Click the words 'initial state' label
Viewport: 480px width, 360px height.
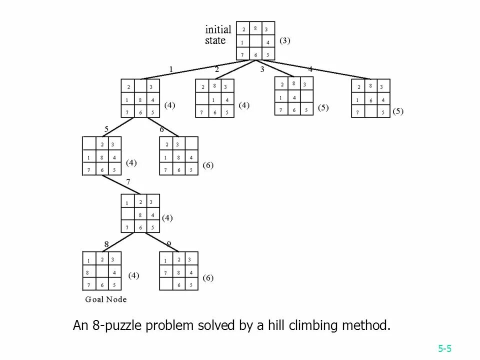tap(218, 35)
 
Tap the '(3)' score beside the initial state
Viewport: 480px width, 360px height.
tap(284, 40)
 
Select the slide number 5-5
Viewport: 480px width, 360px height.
tap(445, 348)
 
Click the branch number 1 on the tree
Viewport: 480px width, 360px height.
tap(170, 69)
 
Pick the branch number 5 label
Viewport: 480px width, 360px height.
tap(106, 129)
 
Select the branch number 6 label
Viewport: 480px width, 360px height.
tap(161, 129)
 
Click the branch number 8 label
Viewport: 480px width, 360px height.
tap(106, 244)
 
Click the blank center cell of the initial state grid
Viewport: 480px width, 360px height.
tap(255, 42)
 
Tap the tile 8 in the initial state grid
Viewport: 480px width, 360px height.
tap(255, 29)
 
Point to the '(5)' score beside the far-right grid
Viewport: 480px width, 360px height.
tap(397, 111)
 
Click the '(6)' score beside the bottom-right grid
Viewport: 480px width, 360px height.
tap(207, 277)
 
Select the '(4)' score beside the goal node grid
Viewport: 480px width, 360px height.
tap(133, 275)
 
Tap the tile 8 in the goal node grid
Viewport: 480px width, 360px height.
tap(88, 273)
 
